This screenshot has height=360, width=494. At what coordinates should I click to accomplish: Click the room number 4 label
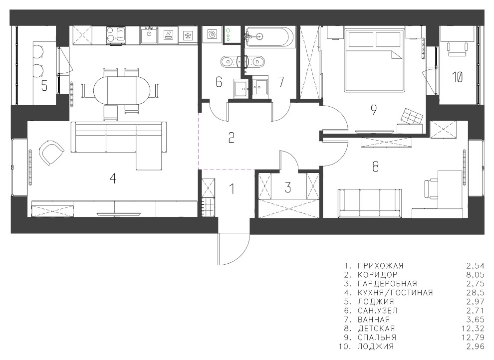[x=112, y=179]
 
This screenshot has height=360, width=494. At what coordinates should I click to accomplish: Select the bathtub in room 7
[x=270, y=37]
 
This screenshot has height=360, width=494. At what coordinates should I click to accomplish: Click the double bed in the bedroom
[x=375, y=60]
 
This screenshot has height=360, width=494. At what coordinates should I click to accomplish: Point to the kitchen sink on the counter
[x=149, y=34]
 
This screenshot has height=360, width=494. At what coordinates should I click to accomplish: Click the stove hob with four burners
[x=115, y=34]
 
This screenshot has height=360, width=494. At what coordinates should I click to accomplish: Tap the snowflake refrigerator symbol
[x=188, y=35]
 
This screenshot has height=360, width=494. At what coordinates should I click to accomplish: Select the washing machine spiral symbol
[x=212, y=34]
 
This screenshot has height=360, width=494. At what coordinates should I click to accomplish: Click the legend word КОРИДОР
[x=377, y=275]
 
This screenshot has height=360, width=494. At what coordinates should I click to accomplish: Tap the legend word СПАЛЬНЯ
[x=377, y=338]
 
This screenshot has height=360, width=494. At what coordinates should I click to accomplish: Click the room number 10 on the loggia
[x=457, y=77]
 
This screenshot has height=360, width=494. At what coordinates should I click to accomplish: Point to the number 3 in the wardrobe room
[x=287, y=187]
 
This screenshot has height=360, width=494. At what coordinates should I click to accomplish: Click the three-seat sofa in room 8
[x=370, y=203]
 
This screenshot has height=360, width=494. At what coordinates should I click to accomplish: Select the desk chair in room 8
[x=431, y=189]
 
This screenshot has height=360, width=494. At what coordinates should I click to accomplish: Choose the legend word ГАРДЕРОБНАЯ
[x=387, y=284]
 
